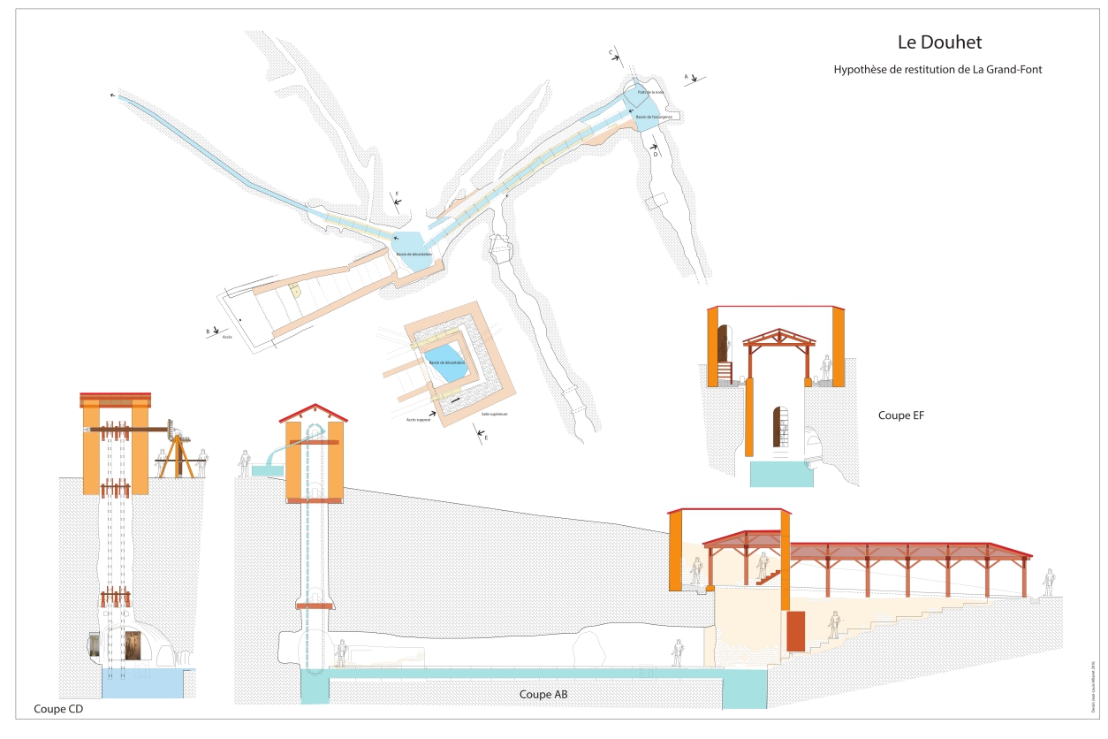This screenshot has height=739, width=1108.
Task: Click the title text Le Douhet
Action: [938, 42]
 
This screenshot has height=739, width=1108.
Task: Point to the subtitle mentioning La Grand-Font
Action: [938, 69]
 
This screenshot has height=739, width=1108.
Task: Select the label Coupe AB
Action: [543, 695]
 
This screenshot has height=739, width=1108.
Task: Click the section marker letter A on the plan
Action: [687, 77]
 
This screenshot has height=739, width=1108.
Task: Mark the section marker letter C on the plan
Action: [611, 53]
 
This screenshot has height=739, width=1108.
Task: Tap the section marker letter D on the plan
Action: [656, 154]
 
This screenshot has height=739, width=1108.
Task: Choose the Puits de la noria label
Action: [649, 92]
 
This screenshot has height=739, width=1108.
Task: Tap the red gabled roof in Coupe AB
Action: [313, 411]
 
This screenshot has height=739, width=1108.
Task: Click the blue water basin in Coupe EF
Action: [781, 473]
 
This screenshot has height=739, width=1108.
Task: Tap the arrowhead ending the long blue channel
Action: [112, 93]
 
